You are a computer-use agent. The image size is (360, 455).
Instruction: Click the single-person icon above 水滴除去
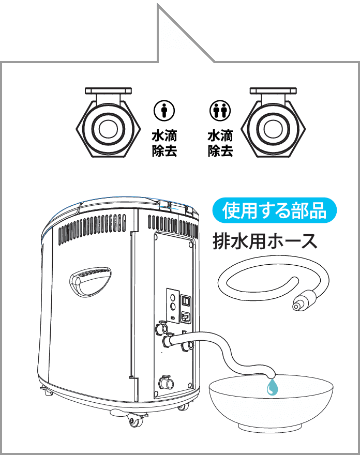pyautogui.click(x=164, y=111)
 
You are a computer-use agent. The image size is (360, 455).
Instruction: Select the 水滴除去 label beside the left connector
pyautogui.click(x=164, y=144)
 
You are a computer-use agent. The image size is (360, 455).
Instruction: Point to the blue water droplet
pyautogui.click(x=272, y=387)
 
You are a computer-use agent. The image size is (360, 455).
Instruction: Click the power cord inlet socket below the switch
pyautogui.click(x=187, y=316)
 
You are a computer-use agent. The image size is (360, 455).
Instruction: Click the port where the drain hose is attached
pyautogui.click(x=170, y=342)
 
